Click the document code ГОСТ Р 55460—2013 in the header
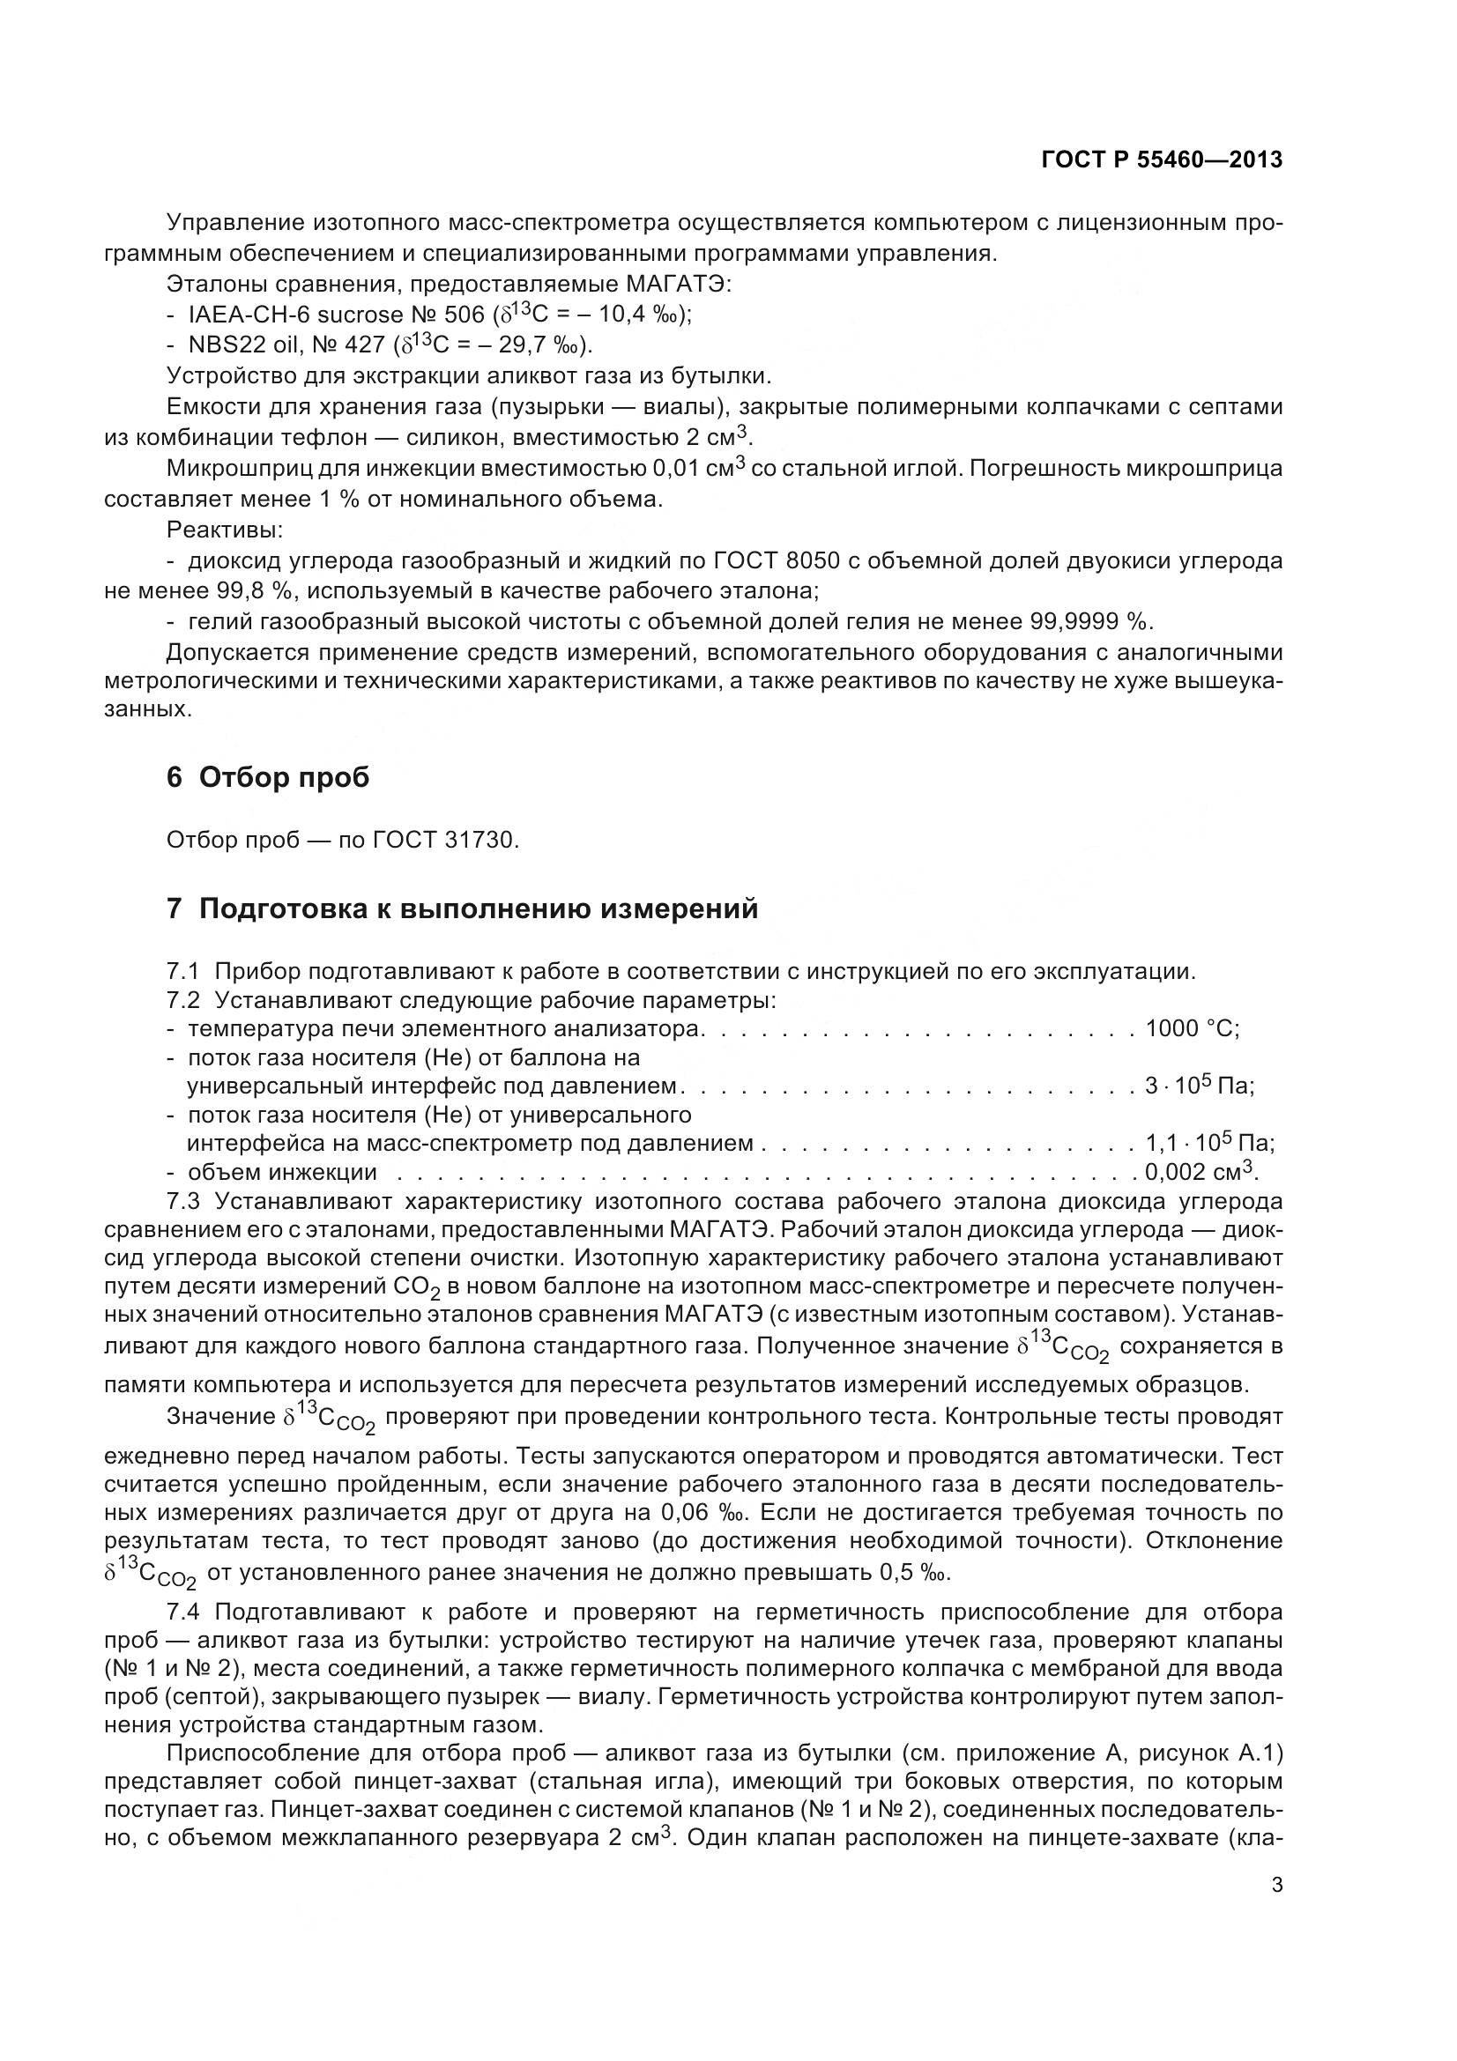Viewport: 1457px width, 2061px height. click(x=1162, y=159)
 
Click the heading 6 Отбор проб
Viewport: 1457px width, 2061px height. click(x=268, y=777)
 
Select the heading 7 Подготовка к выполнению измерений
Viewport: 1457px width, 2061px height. click(x=463, y=908)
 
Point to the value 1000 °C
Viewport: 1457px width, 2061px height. click(x=1192, y=1028)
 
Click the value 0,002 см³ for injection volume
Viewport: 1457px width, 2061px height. click(x=1201, y=1172)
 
